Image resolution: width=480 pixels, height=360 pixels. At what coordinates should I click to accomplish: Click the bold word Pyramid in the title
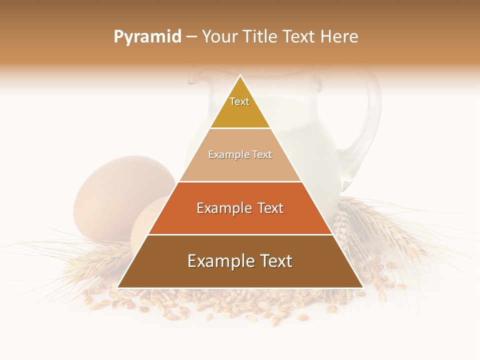147,37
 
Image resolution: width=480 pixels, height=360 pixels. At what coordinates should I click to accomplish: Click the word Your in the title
220,37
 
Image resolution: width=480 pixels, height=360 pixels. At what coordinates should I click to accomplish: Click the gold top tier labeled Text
240,107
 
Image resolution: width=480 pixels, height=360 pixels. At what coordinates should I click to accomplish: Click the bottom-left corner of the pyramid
118,287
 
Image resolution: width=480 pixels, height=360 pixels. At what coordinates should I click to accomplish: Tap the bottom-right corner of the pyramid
362,287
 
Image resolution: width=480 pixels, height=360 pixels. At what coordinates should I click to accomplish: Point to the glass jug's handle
367,125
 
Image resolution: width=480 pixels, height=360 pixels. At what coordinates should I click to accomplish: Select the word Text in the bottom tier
272,261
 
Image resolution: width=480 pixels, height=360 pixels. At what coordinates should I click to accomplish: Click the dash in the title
191,37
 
